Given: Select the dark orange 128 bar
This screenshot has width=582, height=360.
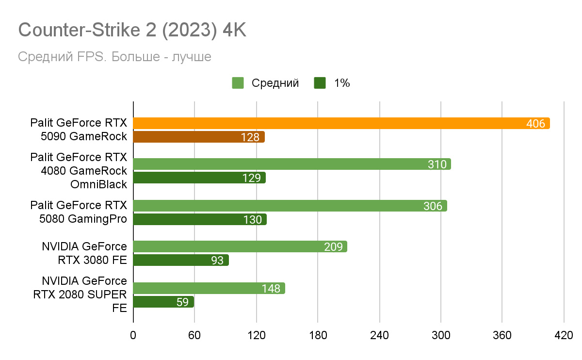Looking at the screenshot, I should coord(199,137).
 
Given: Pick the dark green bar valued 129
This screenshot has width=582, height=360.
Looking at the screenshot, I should coord(199,178).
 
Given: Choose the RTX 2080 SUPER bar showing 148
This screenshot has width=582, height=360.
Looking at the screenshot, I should coord(209,289).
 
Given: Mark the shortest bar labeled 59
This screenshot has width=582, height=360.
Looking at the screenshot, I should coord(163,302).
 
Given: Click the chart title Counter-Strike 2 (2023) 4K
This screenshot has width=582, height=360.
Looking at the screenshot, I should coord(132,31).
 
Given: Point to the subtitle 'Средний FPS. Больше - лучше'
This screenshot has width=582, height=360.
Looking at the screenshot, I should coord(114,57).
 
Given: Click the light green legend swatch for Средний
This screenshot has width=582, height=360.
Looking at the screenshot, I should coord(238,83).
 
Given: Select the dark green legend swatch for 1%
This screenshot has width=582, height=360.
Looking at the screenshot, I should coord(320,83).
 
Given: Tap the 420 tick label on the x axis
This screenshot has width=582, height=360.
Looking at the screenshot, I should coord(564,335).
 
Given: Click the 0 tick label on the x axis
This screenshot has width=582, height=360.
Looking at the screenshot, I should coord(133,335).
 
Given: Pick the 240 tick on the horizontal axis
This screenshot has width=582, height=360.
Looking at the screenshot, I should coord(379,335).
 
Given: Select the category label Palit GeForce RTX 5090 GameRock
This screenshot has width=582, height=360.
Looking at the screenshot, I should coord(78,130).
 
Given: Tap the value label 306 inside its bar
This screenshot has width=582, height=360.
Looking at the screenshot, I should coord(433,206).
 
